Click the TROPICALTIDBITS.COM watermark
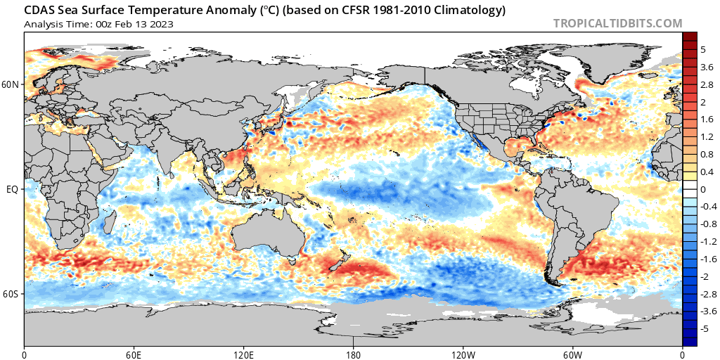[617, 23]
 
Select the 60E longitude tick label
[134, 354]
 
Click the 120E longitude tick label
[244, 354]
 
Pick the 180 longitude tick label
[354, 354]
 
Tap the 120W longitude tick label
[463, 354]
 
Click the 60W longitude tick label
[573, 354]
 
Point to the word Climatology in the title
[467, 11]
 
